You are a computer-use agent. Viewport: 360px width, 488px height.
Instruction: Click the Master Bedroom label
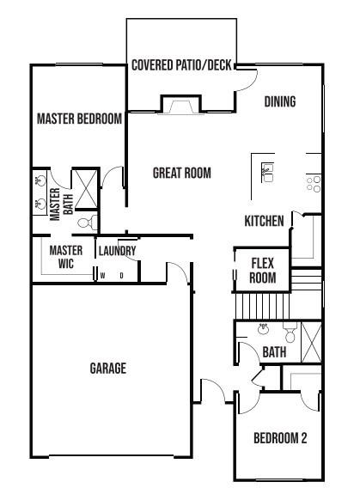click(x=79, y=119)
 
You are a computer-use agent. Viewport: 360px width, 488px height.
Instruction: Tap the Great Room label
click(x=182, y=173)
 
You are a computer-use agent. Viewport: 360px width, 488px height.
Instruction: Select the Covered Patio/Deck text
click(x=181, y=65)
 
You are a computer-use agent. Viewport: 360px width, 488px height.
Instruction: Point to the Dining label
click(x=280, y=101)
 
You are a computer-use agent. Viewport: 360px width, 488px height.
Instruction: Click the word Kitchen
click(x=264, y=221)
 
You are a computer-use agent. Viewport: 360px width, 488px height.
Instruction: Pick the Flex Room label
click(x=263, y=271)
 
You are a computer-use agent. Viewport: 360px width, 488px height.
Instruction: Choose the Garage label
click(x=108, y=369)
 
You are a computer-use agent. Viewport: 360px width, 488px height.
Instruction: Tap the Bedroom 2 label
click(x=280, y=438)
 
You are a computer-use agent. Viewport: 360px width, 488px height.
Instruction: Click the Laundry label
click(x=118, y=251)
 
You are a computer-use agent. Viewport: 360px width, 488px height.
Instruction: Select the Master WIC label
click(x=66, y=257)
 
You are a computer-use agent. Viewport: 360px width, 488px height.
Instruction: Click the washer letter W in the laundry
click(x=103, y=276)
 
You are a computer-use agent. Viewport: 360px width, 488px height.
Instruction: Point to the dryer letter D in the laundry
click(x=122, y=276)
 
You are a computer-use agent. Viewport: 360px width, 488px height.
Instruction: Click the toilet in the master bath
click(x=88, y=223)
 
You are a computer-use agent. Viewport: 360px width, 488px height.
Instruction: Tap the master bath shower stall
click(x=86, y=189)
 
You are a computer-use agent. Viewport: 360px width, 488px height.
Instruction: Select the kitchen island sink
click(x=267, y=173)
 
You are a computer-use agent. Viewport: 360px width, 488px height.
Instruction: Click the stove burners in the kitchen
click(x=314, y=184)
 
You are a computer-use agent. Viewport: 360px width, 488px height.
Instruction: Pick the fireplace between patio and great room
click(x=180, y=105)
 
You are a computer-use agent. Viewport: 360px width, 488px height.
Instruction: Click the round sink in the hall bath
click(x=264, y=329)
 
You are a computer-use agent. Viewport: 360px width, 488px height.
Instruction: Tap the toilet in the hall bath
click(x=290, y=332)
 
